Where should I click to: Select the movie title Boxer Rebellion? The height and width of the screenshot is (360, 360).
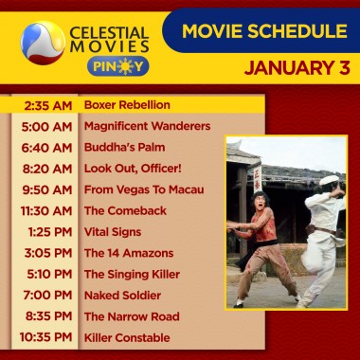click(x=127, y=104)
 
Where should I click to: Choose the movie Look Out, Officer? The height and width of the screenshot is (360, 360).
click(x=129, y=169)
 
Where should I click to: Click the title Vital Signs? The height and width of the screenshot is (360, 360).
click(x=113, y=232)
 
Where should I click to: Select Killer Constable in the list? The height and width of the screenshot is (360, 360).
click(x=127, y=337)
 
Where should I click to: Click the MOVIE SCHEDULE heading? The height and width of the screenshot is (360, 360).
click(x=264, y=32)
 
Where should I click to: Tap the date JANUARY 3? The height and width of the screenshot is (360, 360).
click(x=295, y=68)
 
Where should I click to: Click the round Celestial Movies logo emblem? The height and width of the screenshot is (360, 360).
click(x=41, y=40)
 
